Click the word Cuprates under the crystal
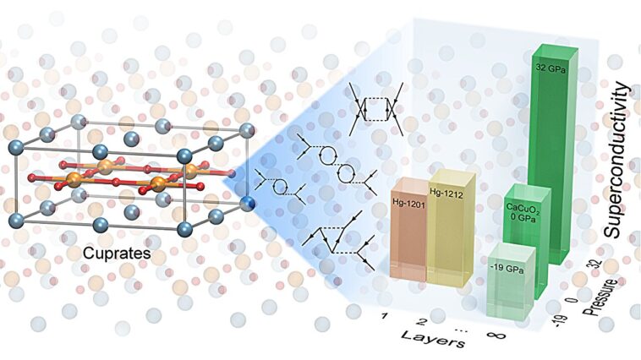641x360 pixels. coord(117,254)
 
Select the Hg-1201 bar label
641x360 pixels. coord(408,202)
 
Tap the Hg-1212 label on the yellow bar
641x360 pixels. coord(446,193)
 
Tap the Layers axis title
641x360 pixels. coord(433,338)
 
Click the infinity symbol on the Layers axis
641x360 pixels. coord(496,335)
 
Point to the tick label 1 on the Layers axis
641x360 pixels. coord(384,316)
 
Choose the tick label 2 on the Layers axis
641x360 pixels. coord(422,322)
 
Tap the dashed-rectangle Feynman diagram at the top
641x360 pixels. coord(376,109)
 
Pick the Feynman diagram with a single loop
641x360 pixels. coord(281,186)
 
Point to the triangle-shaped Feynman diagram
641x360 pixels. coord(339,240)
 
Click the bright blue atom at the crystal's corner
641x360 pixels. coord(247,203)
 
